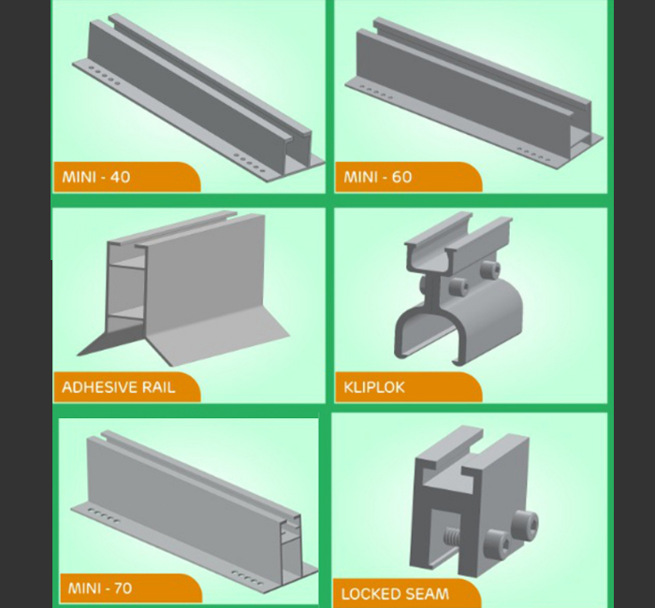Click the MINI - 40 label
(x=96, y=177)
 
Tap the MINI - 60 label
(x=378, y=177)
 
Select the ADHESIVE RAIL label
(x=119, y=387)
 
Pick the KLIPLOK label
(x=374, y=387)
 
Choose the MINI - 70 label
(x=100, y=588)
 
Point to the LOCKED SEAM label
(x=395, y=594)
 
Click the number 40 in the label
(x=121, y=177)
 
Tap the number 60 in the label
(x=401, y=177)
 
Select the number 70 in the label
(x=123, y=588)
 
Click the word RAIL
(x=159, y=387)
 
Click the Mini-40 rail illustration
(x=198, y=98)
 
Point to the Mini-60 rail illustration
(x=474, y=93)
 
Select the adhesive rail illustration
(x=183, y=288)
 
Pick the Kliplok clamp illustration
(x=458, y=288)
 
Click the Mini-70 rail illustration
(x=195, y=507)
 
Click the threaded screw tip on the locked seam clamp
(x=452, y=536)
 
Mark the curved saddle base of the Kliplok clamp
(x=458, y=322)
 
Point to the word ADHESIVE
(x=99, y=387)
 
